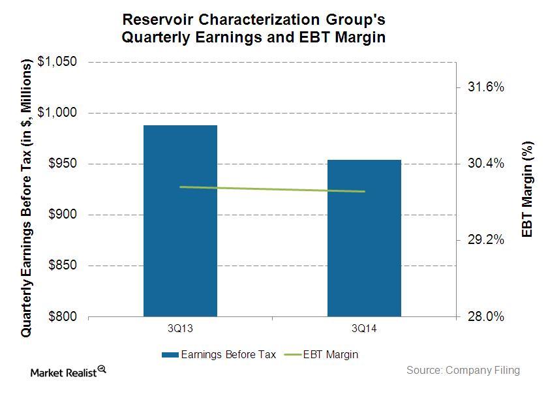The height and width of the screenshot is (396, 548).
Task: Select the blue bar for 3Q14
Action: (364, 238)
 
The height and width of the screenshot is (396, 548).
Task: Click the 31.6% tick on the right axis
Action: (486, 87)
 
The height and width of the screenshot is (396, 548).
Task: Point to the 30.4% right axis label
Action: (486, 163)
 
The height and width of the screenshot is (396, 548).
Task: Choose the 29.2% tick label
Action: (486, 240)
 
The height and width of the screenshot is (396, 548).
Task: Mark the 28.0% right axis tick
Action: (486, 316)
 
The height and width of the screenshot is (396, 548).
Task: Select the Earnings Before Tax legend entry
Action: (219, 355)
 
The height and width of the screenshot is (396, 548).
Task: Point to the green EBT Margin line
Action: (272, 189)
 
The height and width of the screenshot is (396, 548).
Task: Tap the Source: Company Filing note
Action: (463, 370)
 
